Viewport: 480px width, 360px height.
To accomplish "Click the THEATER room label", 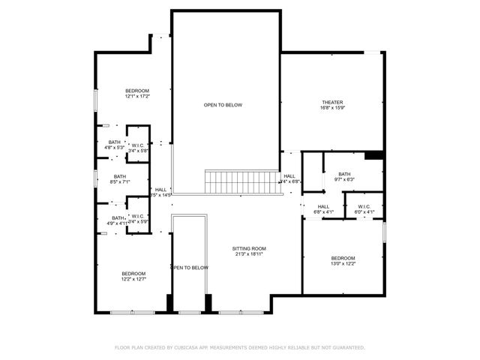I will coord(332,103).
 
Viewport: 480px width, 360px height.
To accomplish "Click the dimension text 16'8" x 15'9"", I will coord(332,109).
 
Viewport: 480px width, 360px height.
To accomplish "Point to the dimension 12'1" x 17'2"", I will coord(137,97).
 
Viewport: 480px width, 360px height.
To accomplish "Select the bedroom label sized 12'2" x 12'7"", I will coord(133,274).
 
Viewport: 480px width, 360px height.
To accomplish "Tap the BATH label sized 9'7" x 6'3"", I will coord(344,174).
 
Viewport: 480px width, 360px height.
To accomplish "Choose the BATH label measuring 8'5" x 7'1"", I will coord(120,177).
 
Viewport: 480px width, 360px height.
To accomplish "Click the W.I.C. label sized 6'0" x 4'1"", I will coord(364,207).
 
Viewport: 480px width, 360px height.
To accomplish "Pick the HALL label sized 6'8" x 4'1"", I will coord(323,207).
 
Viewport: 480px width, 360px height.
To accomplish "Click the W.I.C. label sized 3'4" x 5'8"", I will coord(138,146).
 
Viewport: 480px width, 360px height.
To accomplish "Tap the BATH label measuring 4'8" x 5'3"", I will coord(114,142).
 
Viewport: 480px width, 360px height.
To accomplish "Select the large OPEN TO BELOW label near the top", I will coord(223,105).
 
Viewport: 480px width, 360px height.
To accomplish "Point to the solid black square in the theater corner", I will coord(373,156).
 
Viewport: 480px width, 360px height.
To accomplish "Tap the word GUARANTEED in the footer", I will coord(347,347).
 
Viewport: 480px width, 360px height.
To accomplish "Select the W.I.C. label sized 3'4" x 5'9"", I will coord(138,217).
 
